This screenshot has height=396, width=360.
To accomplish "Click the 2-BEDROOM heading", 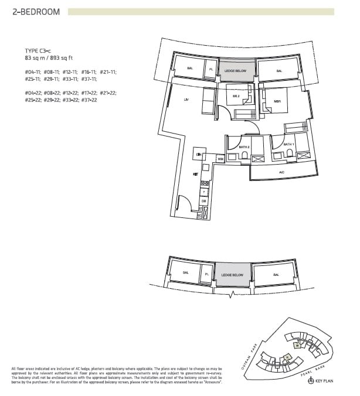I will coord(36,11).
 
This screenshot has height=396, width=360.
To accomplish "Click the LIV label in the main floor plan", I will coord(185,101).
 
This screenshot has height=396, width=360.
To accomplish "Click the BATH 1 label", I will coord(288,144).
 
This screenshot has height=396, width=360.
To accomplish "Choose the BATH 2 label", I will coord(243,146).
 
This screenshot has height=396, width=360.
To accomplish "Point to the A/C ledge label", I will coord(281,172).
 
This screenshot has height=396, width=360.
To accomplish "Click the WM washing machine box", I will coord(220,159).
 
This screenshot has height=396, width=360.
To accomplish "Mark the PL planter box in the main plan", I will coord(211,69).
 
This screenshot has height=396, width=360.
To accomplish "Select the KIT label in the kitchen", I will coord(196,174).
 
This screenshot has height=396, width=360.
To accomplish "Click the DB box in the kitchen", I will coord(203,201).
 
